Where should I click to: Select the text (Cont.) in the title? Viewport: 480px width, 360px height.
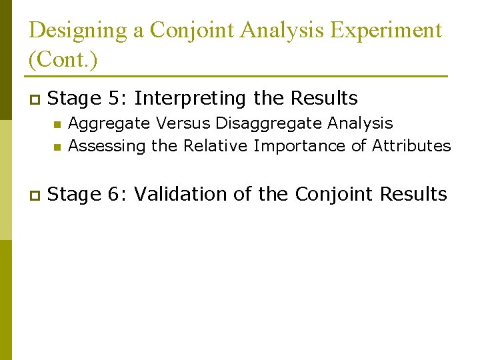click(63, 59)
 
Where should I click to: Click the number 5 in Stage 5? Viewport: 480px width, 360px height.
click(114, 99)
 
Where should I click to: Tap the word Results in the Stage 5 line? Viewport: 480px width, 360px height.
click(324, 99)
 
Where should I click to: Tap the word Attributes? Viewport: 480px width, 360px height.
click(411, 145)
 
